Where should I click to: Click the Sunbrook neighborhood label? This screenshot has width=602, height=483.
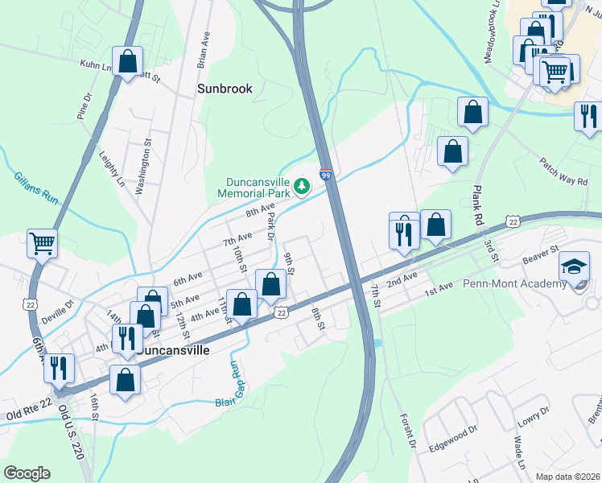(225, 89)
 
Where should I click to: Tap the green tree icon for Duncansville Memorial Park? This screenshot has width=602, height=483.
(302, 187)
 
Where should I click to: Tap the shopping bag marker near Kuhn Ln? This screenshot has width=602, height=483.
(127, 61)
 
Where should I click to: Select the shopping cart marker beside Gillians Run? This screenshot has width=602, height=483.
(43, 242)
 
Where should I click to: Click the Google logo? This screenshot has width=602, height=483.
(27, 473)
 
